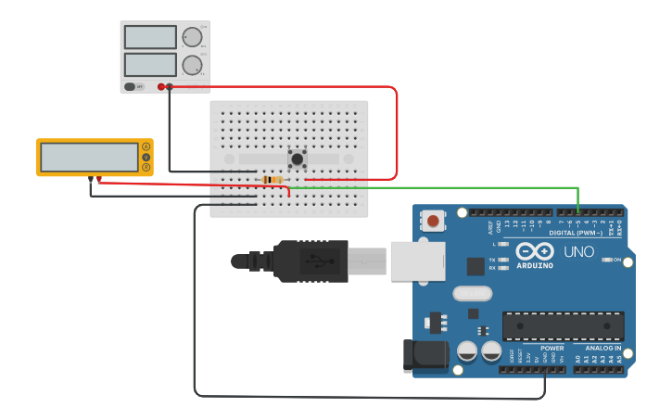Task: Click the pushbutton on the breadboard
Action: click(298, 159)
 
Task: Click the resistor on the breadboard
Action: click(273, 179)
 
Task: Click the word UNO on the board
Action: click(579, 251)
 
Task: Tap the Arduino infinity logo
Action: click(534, 251)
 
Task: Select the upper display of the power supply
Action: click(149, 37)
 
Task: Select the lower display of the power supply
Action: click(149, 64)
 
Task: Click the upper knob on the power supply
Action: click(192, 37)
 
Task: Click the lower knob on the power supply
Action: click(192, 65)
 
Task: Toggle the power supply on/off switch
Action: click(130, 86)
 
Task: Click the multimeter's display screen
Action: click(89, 157)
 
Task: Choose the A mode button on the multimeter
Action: click(146, 147)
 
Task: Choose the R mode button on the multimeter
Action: click(146, 167)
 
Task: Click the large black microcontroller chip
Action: click(563, 326)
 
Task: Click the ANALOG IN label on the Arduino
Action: click(602, 349)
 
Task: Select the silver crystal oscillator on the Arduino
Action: click(473, 294)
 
